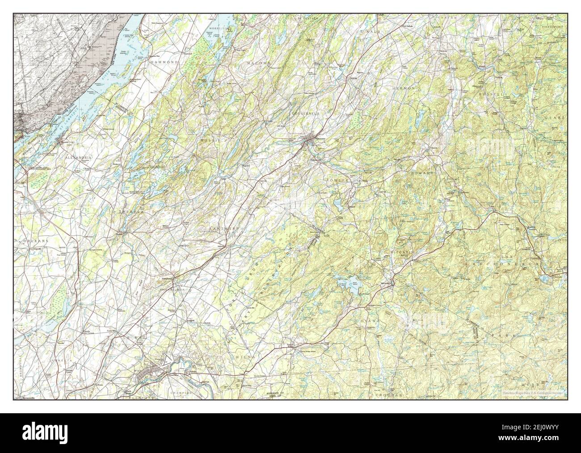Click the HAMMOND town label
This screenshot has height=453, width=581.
pos(164,63)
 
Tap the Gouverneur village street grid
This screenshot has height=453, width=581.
pos(307,143)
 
